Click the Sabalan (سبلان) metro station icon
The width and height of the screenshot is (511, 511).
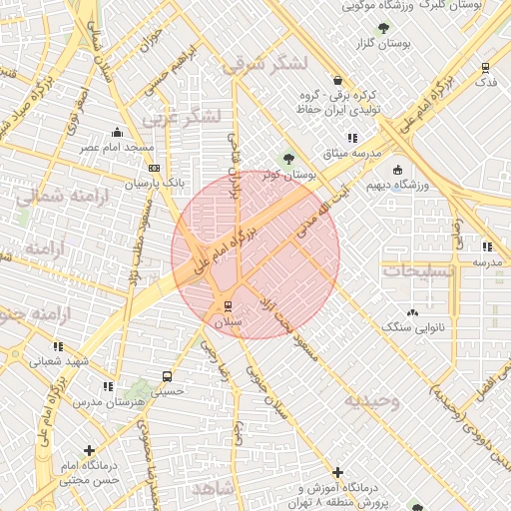tap(228, 304)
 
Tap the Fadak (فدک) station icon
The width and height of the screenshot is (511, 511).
tap(485, 67)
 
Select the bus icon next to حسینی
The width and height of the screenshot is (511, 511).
tap(166, 377)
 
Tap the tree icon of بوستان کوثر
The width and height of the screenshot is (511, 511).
tap(288, 158)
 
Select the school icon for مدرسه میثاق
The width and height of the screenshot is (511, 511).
tap(351, 138)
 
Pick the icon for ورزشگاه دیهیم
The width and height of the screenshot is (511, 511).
tap(398, 170)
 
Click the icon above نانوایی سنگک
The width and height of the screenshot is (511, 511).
tap(413, 311)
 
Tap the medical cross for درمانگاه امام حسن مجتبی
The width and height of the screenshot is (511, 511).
tap(91, 450)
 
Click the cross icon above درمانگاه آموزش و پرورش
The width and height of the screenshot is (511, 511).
tap(337, 471)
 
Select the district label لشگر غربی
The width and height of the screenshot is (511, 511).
tap(181, 117)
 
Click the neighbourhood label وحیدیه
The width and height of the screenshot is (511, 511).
tap(372, 401)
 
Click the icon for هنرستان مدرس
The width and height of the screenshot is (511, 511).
tap(107, 386)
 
